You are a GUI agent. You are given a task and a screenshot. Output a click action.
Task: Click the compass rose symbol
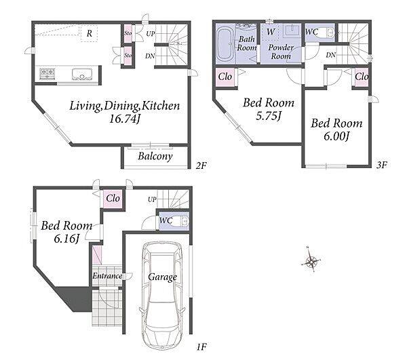[311, 260]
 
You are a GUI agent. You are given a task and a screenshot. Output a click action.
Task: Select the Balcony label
[155, 157]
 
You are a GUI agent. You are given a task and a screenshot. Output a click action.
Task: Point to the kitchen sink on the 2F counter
[82, 75]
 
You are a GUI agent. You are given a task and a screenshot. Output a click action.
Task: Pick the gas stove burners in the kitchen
[47, 73]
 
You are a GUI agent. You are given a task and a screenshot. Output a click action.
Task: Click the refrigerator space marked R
[89, 33]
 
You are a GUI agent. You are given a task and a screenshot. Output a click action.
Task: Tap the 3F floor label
[381, 165]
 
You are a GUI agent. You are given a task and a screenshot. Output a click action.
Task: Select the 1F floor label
[201, 346]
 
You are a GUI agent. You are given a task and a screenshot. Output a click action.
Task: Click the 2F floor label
[201, 165]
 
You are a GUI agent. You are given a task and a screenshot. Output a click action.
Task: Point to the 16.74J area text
[125, 119]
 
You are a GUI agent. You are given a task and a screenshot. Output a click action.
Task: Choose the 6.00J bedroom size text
[336, 136]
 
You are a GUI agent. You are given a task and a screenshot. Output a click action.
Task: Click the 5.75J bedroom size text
[269, 116]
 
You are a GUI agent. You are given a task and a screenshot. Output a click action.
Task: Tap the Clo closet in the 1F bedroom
[113, 199]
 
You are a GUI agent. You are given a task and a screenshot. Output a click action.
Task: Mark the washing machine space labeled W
[270, 32]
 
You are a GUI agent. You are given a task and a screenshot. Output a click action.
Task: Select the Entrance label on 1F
[107, 276]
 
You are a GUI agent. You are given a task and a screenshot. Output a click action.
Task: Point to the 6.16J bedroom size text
[66, 239]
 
